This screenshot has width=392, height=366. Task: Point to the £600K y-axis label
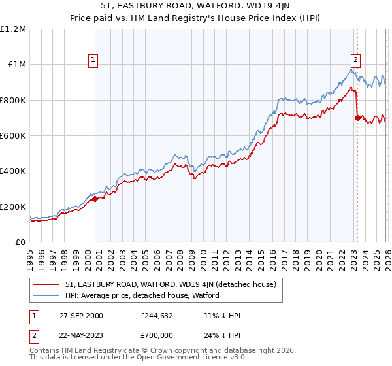(13, 136)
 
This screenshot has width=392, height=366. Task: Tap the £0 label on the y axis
(20, 242)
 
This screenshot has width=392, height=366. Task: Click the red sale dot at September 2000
(95, 199)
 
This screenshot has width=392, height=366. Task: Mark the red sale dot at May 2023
(357, 118)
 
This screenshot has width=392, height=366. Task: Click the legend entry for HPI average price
(142, 295)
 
